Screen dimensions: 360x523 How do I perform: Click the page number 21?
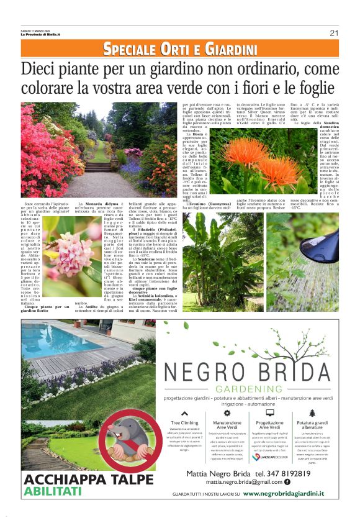click(x=333, y=33)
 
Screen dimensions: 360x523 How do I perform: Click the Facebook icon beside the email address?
click(x=287, y=482)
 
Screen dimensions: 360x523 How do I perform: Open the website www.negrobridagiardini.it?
click(x=283, y=494)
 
